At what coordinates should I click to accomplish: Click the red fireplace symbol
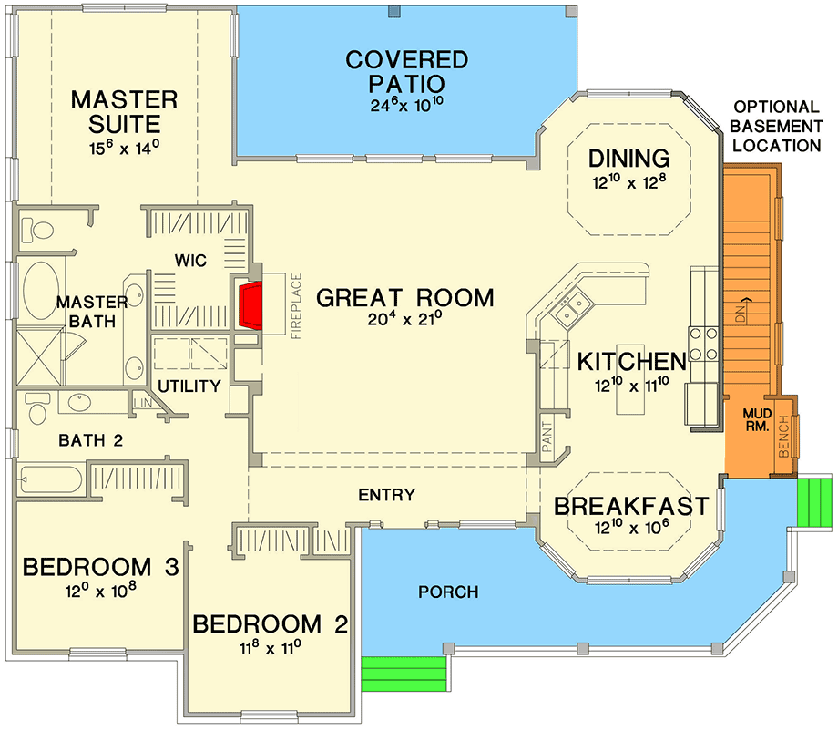(x=250, y=305)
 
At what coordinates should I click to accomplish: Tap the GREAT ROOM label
(x=405, y=298)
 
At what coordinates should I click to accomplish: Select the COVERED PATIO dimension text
(x=407, y=104)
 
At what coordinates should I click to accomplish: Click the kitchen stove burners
(x=703, y=344)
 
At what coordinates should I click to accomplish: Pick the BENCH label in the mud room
(x=784, y=438)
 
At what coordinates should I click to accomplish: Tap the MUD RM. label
(x=757, y=420)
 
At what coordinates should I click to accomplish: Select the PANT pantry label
(x=547, y=437)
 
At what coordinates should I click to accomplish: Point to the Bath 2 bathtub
(x=50, y=479)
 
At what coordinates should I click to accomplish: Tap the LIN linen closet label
(x=143, y=403)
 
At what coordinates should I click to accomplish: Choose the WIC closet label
(x=190, y=261)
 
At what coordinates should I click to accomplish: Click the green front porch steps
(x=404, y=674)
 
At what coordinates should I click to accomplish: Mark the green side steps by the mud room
(x=814, y=502)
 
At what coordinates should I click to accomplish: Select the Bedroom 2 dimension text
(x=270, y=648)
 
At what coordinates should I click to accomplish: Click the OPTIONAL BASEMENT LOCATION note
(x=776, y=126)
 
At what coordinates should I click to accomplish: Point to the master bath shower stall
(x=40, y=357)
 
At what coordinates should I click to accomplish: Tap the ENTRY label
(x=386, y=495)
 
